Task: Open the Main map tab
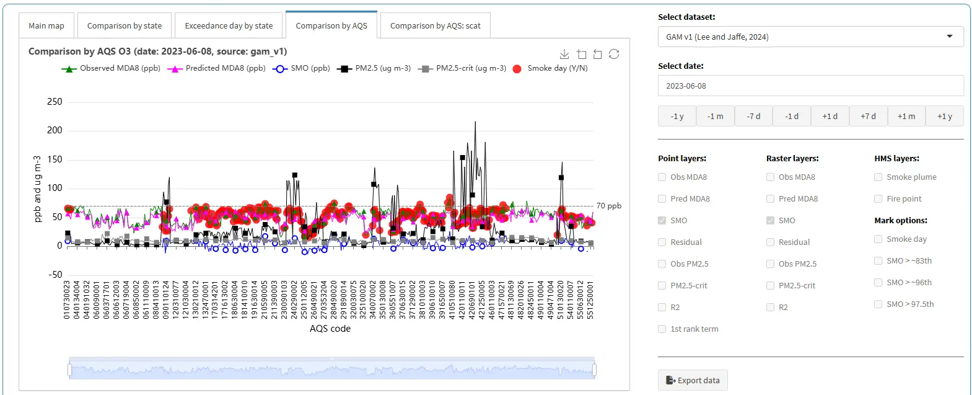(x=46, y=25)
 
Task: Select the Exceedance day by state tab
(x=229, y=25)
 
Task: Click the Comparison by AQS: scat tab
(x=436, y=25)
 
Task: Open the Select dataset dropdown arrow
(x=950, y=37)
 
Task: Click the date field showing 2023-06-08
(x=810, y=86)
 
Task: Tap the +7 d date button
(x=868, y=116)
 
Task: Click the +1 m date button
(x=906, y=116)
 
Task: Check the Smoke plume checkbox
(x=878, y=177)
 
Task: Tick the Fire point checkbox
(x=878, y=198)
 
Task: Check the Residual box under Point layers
(x=662, y=242)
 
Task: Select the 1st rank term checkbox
(x=662, y=329)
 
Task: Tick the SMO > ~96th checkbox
(x=878, y=283)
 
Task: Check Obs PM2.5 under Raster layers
(x=770, y=264)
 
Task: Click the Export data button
(x=693, y=380)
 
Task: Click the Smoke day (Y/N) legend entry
(x=550, y=68)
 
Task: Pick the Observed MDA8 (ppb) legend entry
(x=111, y=68)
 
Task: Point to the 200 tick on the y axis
(x=55, y=130)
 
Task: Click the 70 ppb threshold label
(x=609, y=205)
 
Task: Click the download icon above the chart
(x=564, y=55)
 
